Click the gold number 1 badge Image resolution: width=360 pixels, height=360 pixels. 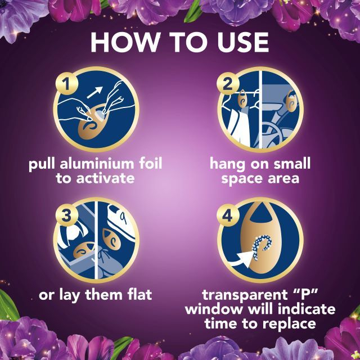(x=67, y=83)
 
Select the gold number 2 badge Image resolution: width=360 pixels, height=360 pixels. (x=228, y=83)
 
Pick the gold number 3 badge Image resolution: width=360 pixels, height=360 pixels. (x=67, y=215)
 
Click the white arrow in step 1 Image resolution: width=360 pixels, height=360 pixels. (x=94, y=92)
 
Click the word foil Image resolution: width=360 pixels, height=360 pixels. (x=151, y=163)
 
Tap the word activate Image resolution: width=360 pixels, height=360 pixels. (x=106, y=178)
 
